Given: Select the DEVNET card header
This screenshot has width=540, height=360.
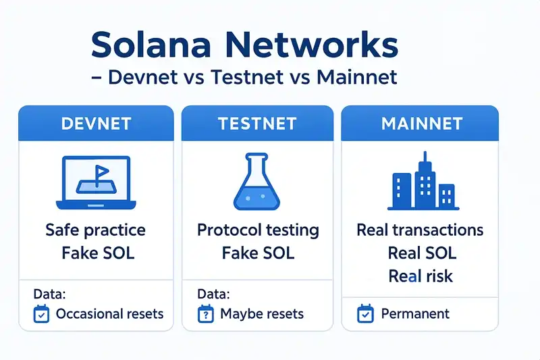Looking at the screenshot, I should pos(96,124).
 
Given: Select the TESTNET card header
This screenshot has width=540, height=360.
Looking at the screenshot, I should pos(257,124).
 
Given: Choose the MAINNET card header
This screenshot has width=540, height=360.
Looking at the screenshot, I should pos(421,124).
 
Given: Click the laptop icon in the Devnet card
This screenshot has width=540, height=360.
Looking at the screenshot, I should pos(95,182).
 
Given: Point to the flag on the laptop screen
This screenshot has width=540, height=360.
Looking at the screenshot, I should pos(101,172).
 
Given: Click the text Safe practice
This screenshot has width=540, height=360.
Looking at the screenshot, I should pos(95,230).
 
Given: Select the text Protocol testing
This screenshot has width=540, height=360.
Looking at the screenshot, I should pos(257,230).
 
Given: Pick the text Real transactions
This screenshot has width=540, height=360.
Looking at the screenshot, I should pos(420,230).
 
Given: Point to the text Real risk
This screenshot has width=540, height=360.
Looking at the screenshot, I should pos(420,276).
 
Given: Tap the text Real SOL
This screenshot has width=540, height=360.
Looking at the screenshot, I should pos(421,253).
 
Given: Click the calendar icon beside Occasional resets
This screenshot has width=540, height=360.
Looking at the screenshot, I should pos(42,314).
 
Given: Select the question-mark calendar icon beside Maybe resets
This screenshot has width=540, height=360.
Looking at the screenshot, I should pos(205,314).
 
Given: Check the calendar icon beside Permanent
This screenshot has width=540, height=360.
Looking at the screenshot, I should pos(366,314).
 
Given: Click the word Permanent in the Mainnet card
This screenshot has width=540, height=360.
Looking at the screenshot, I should pos(415,314).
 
